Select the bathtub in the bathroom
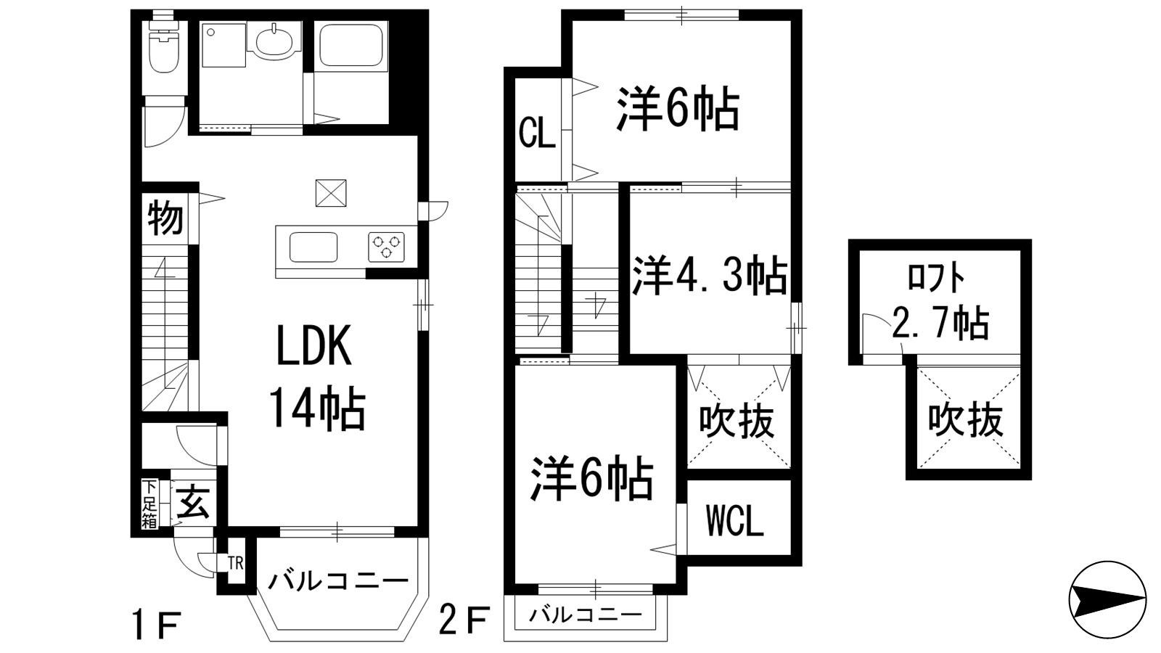353,45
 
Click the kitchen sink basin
313,247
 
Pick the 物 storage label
165,218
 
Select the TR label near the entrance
236,564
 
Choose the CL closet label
537,134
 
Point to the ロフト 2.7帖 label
939,305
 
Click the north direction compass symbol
1107,599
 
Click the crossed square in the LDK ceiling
331,193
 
